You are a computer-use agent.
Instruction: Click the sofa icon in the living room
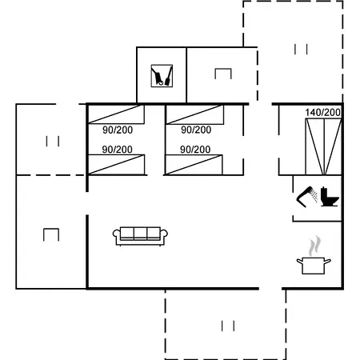coord(141,234)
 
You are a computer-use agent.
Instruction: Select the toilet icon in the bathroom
coord(330,196)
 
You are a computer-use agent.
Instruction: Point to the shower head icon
coord(305,194)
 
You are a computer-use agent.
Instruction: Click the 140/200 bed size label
coord(322,112)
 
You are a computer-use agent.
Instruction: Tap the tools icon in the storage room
coord(162,76)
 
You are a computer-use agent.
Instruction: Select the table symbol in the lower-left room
coord(51,234)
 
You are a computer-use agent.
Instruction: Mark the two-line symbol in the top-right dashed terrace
coord(301,50)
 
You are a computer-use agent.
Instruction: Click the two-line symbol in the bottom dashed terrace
coord(228,325)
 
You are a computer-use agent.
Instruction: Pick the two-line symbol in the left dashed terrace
coord(53,142)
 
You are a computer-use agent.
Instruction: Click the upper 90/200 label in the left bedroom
coord(118,130)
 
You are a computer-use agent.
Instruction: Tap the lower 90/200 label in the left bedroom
coord(118,150)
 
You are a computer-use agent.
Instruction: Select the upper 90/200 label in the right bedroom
coord(196,130)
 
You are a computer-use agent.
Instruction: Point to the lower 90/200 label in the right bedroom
coord(196,150)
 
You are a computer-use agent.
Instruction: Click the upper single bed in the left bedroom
coord(117,114)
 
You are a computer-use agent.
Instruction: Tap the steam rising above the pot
coord(316,243)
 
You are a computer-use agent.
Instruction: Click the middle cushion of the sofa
coord(141,233)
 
